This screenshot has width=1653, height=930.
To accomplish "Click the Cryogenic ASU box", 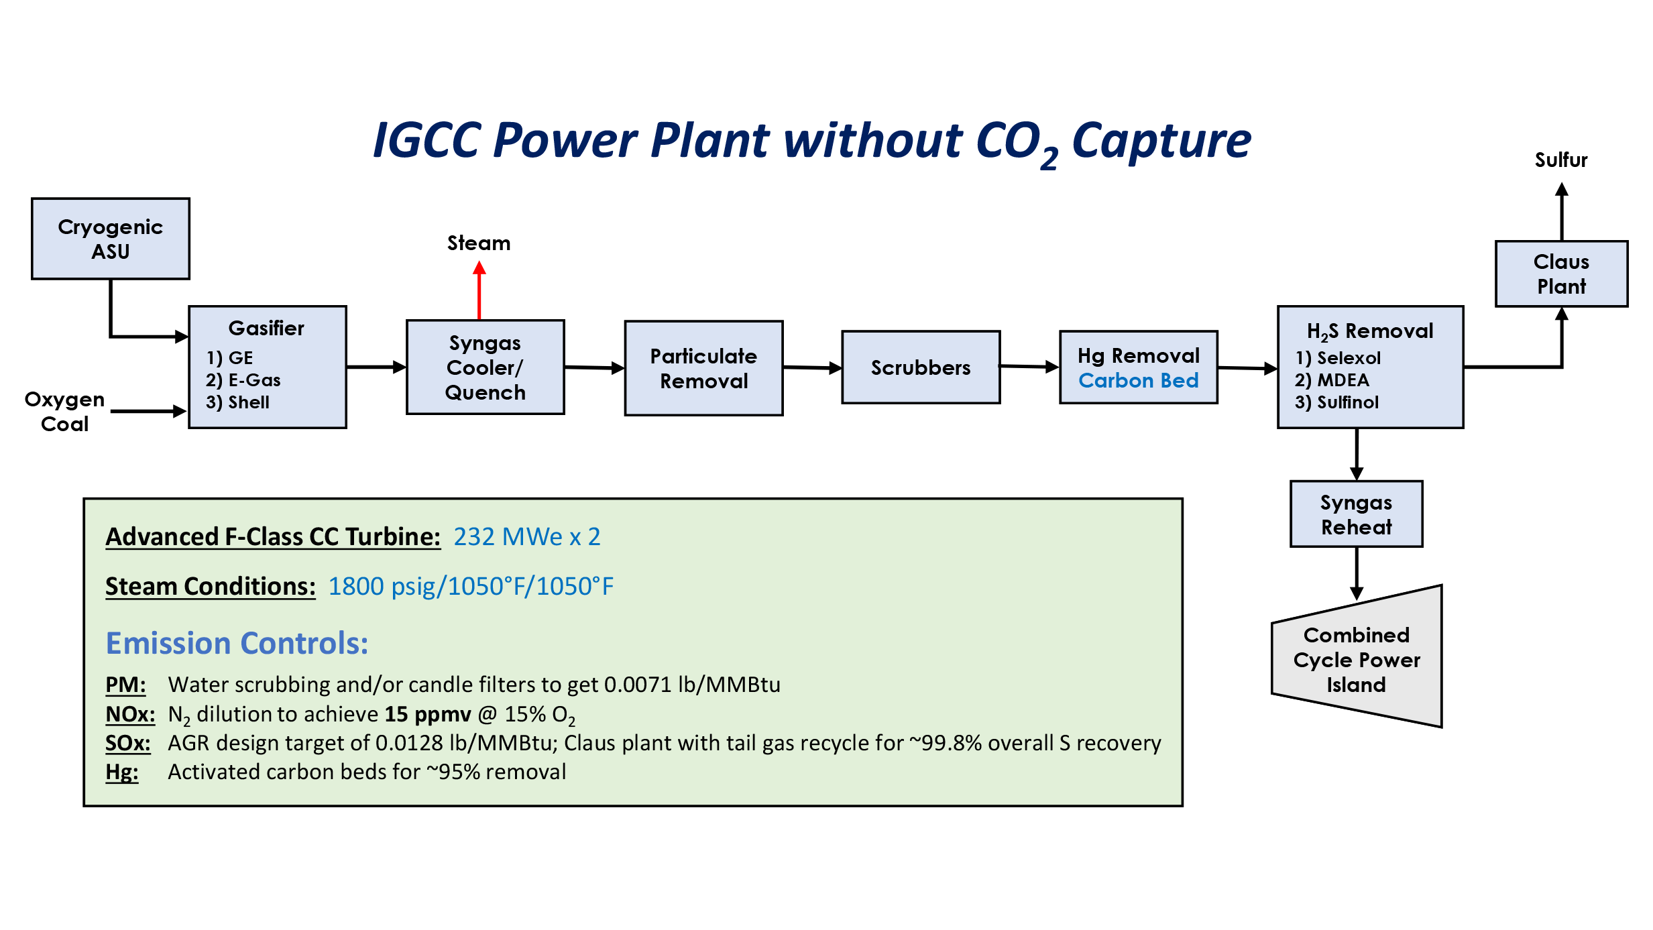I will tap(111, 239).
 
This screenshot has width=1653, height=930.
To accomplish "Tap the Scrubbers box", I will tap(920, 367).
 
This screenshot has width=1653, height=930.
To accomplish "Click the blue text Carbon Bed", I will tap(1138, 381).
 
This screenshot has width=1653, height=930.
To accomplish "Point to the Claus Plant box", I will tap(1560, 274).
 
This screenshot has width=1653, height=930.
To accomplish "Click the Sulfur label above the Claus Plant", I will tap(1560, 160).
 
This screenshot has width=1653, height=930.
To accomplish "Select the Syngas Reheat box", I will tap(1356, 514).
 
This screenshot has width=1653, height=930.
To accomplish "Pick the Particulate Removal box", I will tap(703, 368).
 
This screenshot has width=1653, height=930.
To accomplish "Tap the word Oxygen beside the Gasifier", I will tap(64, 400).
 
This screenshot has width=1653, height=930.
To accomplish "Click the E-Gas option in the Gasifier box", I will tap(253, 380).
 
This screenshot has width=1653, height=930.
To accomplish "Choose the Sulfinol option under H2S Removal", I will tap(1347, 402).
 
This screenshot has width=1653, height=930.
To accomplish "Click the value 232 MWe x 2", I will tap(526, 537).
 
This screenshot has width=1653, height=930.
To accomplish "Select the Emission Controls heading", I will tap(237, 643).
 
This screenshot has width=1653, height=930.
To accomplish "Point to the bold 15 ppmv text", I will tap(427, 714).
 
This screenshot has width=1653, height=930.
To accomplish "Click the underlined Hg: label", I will tap(121, 772).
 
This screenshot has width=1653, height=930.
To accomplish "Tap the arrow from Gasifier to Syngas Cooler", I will tap(376, 367).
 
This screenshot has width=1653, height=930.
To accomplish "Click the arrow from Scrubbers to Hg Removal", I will tap(1029, 366).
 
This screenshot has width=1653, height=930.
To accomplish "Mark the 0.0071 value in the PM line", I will tap(637, 685).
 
